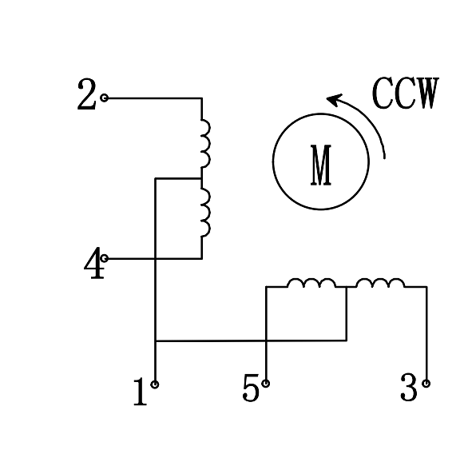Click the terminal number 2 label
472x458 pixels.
coord(86,96)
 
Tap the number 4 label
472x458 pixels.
coord(94,264)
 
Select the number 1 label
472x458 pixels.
coord(140,392)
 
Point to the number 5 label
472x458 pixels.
coord(251,389)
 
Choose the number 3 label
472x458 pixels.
coord(408,389)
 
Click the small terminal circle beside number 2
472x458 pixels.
coord(105,98)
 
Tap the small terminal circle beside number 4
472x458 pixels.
coord(105,258)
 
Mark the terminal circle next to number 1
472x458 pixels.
coord(155,384)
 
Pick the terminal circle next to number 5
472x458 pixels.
coord(266,384)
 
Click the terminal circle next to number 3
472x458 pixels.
coord(426,384)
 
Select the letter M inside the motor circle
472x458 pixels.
coord(321,165)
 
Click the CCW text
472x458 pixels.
coord(406,94)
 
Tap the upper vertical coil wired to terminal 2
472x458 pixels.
coord(205,143)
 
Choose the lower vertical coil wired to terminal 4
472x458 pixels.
coord(205,213)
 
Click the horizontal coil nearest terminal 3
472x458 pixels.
coord(379,283)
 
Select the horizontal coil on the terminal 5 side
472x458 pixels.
coord(311,283)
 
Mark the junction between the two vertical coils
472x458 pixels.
coord(201,178)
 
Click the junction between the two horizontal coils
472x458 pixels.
coord(346,287)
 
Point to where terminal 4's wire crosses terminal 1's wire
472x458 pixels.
coord(155,258)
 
